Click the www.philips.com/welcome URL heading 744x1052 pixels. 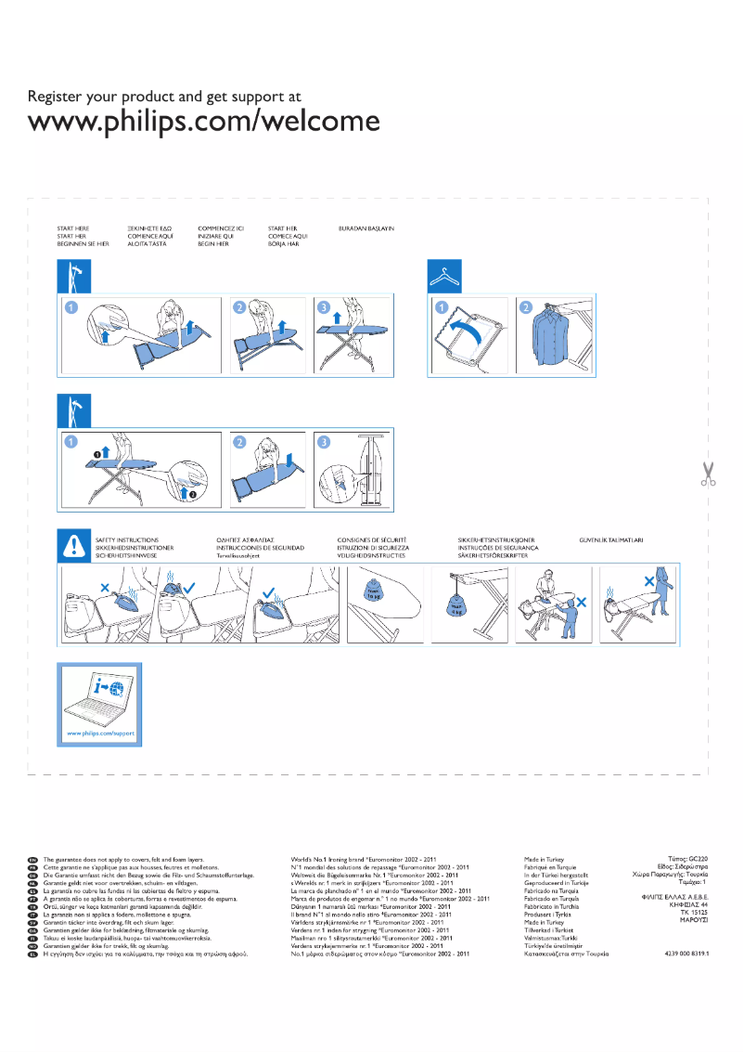point(204,122)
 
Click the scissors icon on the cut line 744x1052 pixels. point(709,474)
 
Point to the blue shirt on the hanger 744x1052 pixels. point(553,337)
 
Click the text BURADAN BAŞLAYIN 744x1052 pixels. point(366,227)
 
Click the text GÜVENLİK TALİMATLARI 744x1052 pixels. point(611,539)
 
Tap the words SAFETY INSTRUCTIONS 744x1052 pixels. point(127,539)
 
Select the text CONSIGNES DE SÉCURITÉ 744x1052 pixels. point(372,539)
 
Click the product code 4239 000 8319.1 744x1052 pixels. point(686,954)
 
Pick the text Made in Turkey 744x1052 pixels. point(544,860)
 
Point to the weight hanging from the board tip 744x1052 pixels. point(456,608)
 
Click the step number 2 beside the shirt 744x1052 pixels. point(526,307)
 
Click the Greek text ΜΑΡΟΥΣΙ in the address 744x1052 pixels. point(694,919)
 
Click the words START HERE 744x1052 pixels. point(73,227)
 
